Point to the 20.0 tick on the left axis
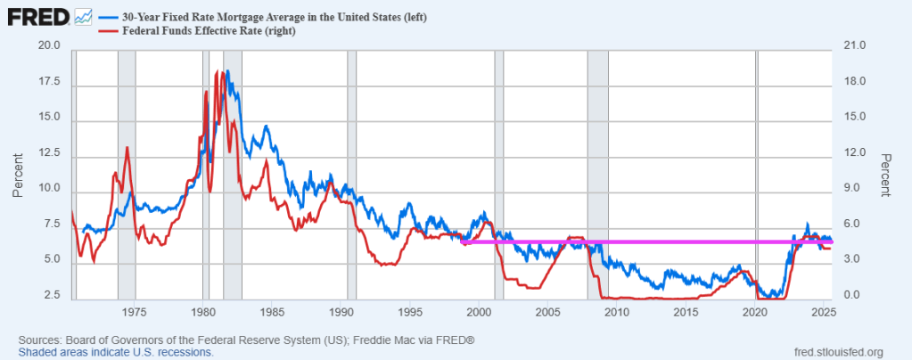coord(48,46)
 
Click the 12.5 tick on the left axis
coord(48,153)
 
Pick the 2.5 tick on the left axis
coord(52,296)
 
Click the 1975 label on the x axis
coord(135,312)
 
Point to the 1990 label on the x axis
coord(341,312)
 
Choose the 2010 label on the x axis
coord(617,312)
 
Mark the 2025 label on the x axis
coord(824,312)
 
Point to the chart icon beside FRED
coord(84,16)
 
